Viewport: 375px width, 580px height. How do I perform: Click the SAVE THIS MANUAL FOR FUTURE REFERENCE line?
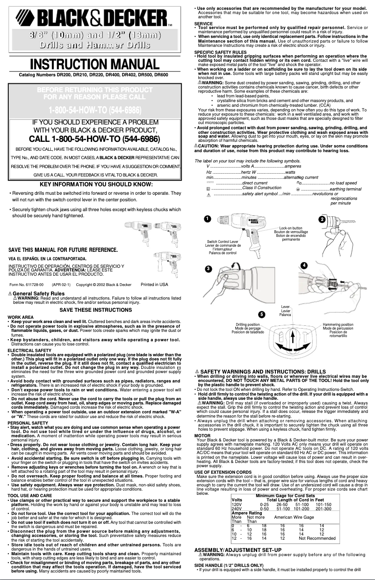[63, 250]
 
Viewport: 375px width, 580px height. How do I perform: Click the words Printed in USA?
[154, 284]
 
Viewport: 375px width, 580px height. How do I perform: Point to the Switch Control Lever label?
[223, 242]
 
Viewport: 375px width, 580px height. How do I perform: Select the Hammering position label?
[338, 324]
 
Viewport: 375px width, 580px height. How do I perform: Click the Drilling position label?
[248, 324]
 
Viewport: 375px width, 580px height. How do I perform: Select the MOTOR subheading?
[202, 435]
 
